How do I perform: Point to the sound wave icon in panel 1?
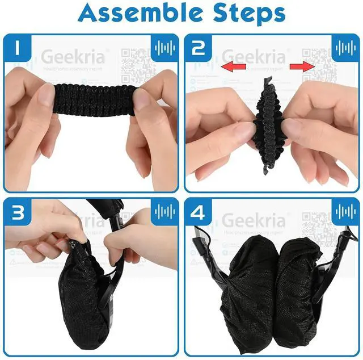coord(164,47)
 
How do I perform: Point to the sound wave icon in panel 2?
coord(345,47)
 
